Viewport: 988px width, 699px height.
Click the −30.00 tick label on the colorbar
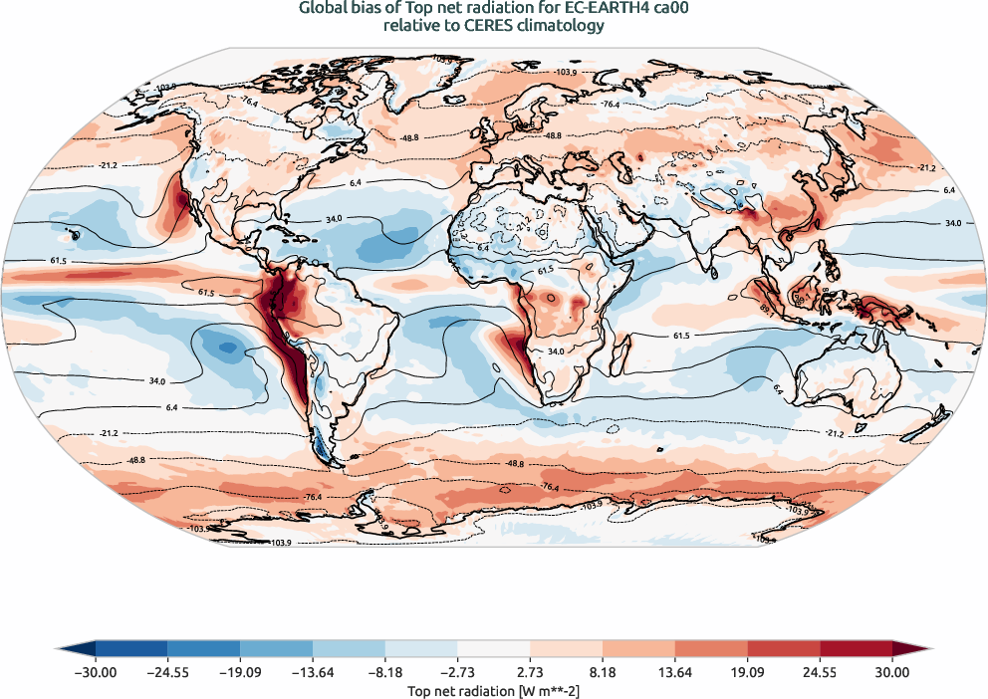[x=96, y=672]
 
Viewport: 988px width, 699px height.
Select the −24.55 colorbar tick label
[x=167, y=672]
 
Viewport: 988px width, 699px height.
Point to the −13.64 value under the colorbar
[x=313, y=672]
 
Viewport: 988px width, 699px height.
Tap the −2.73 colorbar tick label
[x=457, y=672]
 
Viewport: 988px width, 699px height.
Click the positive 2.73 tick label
[x=530, y=672]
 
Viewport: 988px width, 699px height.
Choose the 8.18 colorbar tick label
[x=603, y=672]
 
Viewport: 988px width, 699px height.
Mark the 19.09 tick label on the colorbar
[x=747, y=672]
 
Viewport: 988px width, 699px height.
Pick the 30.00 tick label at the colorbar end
[x=892, y=672]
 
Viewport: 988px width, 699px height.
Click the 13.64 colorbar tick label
[x=675, y=672]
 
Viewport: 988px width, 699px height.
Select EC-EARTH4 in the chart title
[x=602, y=9]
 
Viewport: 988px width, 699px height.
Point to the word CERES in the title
[x=495, y=27]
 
